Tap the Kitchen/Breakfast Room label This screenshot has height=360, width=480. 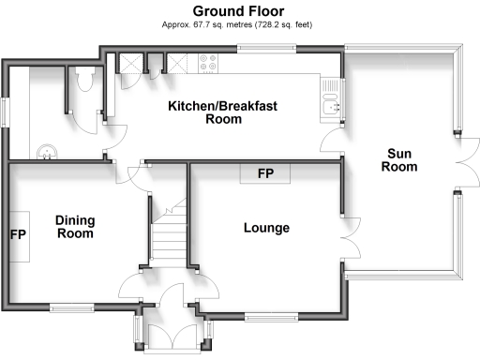coord(222,112)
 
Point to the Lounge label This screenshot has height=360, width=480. coord(266,228)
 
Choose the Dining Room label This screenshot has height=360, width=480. coord(74,227)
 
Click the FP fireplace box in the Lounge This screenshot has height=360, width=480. coord(265,174)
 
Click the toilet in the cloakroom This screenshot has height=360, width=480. coord(85,81)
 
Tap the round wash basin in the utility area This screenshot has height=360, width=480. coord(44,149)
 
